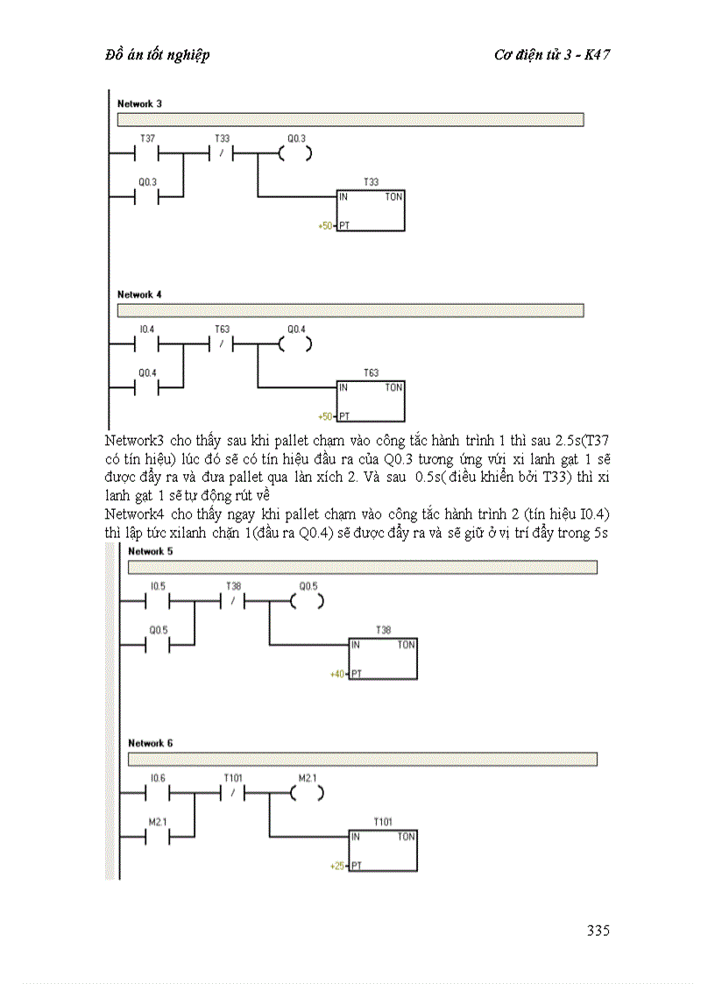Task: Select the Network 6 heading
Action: [x=150, y=743]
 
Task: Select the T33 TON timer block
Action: [x=371, y=210]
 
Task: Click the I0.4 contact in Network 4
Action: [x=147, y=344]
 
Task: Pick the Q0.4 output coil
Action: [x=296, y=344]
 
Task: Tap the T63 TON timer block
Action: [x=371, y=401]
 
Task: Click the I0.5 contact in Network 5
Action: [x=158, y=601]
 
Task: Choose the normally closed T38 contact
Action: [x=233, y=601]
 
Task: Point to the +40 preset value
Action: [x=336, y=674]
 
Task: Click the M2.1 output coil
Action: [x=307, y=793]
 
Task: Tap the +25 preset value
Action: [x=336, y=866]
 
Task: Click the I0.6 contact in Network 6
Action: [x=158, y=793]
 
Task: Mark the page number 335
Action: [x=598, y=931]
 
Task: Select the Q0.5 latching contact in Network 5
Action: [x=158, y=645]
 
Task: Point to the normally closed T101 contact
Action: [x=233, y=793]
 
